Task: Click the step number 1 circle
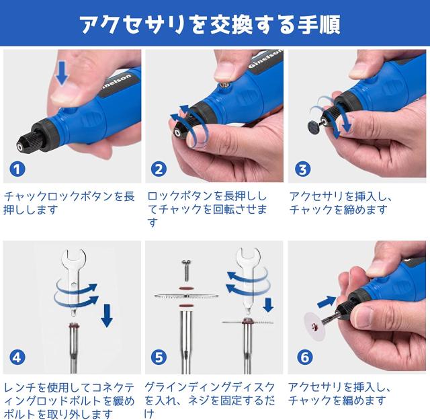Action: [x=17, y=169]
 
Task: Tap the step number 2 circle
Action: [x=159, y=169]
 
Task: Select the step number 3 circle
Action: [x=303, y=169]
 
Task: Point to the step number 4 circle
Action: [x=17, y=358]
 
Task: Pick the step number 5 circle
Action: [x=159, y=358]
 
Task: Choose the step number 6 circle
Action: [x=304, y=358]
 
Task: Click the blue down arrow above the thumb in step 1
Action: [x=62, y=73]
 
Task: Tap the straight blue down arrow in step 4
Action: [x=107, y=315]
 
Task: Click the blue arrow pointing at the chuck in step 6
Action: [x=327, y=302]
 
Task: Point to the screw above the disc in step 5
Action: [x=186, y=271]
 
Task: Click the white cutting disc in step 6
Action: [x=316, y=326]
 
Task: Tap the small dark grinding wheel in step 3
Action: [x=314, y=126]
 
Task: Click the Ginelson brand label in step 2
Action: [x=265, y=59]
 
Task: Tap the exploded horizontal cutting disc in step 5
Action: [x=186, y=296]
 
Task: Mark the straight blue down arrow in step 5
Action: [x=268, y=305]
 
